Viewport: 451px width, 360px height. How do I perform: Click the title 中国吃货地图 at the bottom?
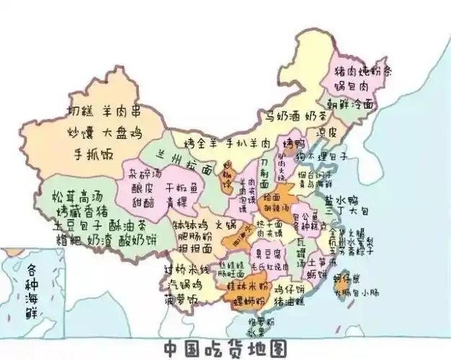(225, 348)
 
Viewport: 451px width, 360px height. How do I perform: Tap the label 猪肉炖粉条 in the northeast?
(362, 73)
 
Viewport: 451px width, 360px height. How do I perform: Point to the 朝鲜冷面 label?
(351, 104)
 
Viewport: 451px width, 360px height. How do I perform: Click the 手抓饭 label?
(93, 153)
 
